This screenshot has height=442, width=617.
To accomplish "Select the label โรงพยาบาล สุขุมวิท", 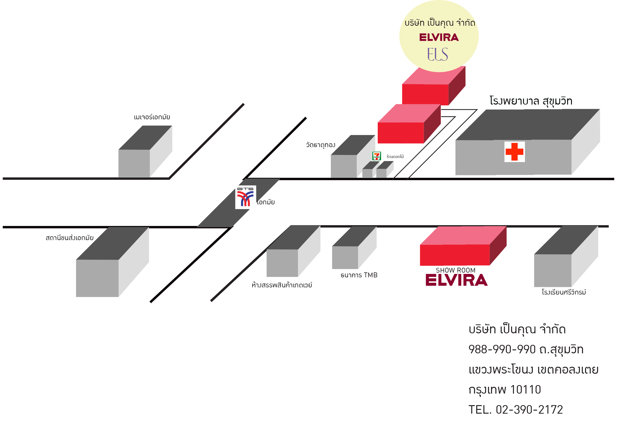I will pyautogui.click(x=531, y=101).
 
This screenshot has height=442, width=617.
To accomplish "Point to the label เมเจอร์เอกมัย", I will pyautogui.click(x=152, y=117).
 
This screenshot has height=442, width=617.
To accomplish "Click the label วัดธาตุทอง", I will pyautogui.click(x=320, y=145).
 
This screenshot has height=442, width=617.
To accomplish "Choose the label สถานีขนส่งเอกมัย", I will pyautogui.click(x=69, y=238).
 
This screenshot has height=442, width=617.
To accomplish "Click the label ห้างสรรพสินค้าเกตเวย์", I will pyautogui.click(x=282, y=285).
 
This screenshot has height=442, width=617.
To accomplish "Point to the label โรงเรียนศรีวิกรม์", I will pyautogui.click(x=564, y=292).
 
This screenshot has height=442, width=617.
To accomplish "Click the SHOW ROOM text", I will pyautogui.click(x=455, y=270).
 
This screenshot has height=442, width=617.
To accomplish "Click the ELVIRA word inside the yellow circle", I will pyautogui.click(x=439, y=37).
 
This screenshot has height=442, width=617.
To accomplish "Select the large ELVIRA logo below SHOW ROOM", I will pyautogui.click(x=456, y=280).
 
